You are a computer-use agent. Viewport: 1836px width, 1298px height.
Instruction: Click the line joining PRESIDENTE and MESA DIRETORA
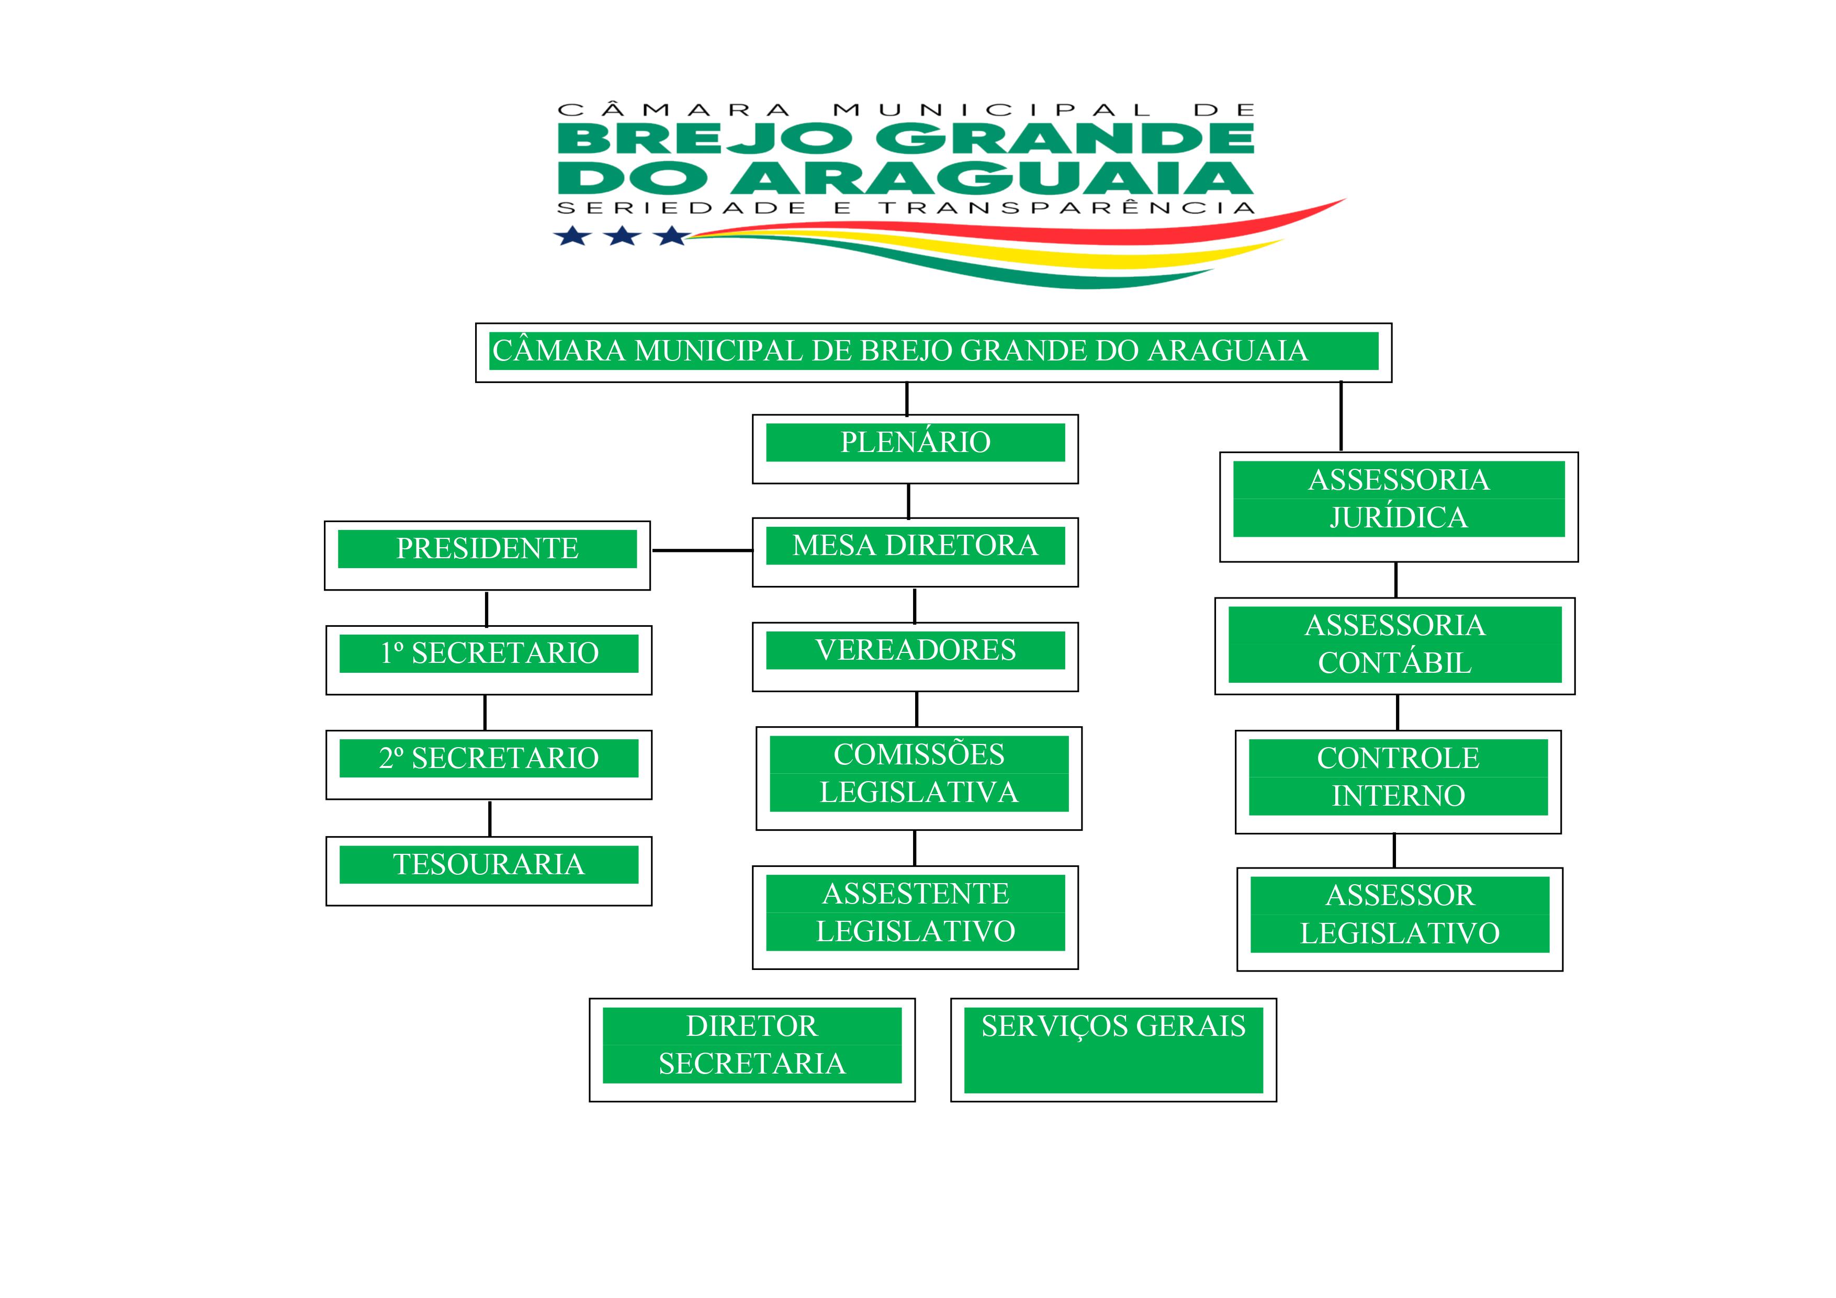point(702,551)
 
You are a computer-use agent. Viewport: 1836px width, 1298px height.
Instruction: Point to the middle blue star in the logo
point(622,236)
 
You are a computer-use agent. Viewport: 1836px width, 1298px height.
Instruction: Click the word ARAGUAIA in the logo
point(992,178)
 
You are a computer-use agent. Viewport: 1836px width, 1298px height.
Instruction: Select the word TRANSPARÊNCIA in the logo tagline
point(1067,208)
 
